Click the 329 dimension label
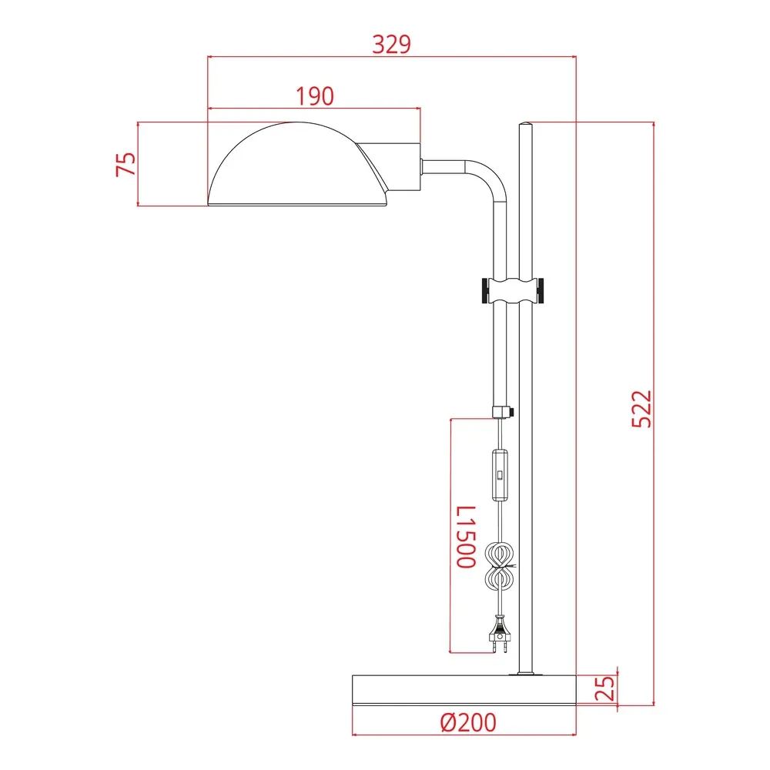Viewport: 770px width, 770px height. (x=391, y=44)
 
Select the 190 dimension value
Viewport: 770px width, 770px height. (x=315, y=96)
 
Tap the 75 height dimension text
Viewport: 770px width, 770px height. (x=126, y=164)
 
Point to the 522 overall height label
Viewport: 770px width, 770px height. (x=642, y=409)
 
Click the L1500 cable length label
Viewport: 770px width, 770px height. (x=466, y=537)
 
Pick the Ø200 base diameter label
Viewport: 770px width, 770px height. (x=468, y=722)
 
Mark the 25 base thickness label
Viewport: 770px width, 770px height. (x=604, y=688)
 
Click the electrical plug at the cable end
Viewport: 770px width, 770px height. (x=500, y=635)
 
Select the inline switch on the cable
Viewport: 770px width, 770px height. (x=500, y=475)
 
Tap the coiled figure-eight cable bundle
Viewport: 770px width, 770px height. (x=500, y=566)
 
